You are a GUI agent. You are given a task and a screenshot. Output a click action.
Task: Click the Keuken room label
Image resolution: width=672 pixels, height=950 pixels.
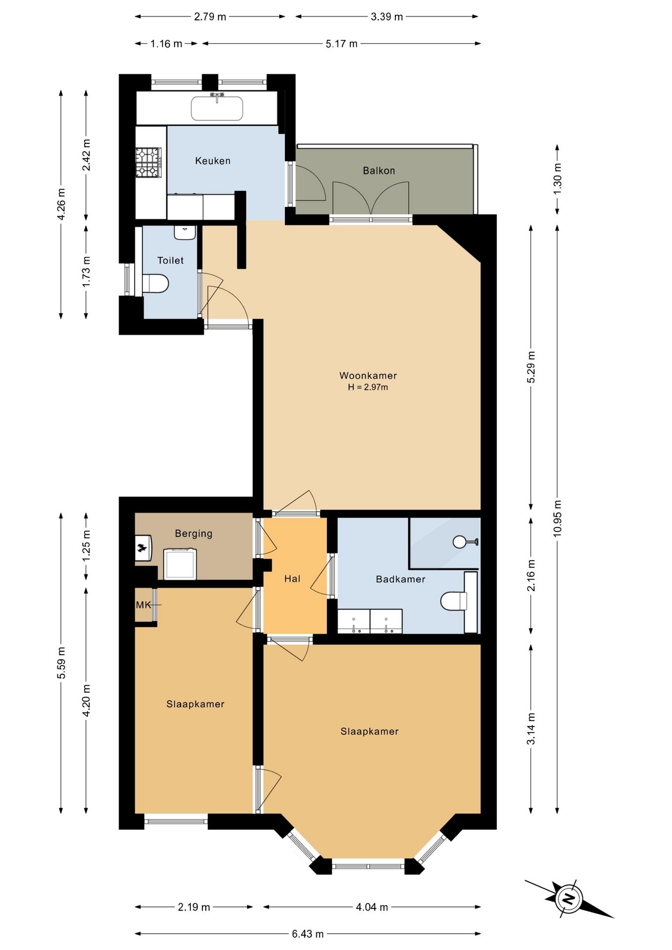pyautogui.click(x=213, y=161)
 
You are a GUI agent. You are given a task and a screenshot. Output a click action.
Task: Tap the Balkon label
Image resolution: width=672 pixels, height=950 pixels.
pyautogui.click(x=379, y=171)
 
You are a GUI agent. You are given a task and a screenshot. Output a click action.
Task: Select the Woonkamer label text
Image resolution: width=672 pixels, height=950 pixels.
pyautogui.click(x=368, y=376)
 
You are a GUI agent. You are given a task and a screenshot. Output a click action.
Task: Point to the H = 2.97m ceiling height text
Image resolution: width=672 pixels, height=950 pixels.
pyautogui.click(x=368, y=387)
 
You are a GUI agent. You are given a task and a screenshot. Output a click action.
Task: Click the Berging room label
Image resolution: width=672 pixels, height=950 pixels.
pyautogui.click(x=193, y=533)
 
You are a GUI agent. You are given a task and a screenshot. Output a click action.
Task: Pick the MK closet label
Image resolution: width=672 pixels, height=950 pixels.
pyautogui.click(x=144, y=605)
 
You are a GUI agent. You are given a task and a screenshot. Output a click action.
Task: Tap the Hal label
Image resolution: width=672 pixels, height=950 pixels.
pyautogui.click(x=292, y=578)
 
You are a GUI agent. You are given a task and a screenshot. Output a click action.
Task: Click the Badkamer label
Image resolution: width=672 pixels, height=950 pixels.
pyautogui.click(x=401, y=579)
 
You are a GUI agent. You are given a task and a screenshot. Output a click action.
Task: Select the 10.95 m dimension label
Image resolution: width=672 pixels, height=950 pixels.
pyautogui.click(x=558, y=519)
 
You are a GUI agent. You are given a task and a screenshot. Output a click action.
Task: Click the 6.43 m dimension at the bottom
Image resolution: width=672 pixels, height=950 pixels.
pyautogui.click(x=308, y=934)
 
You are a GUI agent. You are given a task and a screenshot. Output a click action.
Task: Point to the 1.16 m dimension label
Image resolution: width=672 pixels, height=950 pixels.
pyautogui.click(x=167, y=44)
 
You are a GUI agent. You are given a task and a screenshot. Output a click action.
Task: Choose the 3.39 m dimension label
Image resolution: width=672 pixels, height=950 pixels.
pyautogui.click(x=387, y=16)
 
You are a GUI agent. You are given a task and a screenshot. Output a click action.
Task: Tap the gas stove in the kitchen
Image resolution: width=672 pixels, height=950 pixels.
pyautogui.click(x=149, y=162)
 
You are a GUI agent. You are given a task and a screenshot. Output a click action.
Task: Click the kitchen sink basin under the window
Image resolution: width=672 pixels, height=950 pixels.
pyautogui.click(x=217, y=108)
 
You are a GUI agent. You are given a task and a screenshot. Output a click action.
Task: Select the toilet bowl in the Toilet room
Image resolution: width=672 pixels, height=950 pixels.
pyautogui.click(x=156, y=284)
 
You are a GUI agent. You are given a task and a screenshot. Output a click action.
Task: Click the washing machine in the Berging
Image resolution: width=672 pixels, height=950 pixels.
pyautogui.click(x=181, y=564)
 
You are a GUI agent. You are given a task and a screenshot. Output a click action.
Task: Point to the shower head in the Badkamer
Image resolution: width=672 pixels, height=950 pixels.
pyautogui.click(x=460, y=542)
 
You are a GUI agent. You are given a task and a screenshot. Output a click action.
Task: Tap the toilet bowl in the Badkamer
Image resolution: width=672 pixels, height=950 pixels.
pyautogui.click(x=453, y=601)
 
